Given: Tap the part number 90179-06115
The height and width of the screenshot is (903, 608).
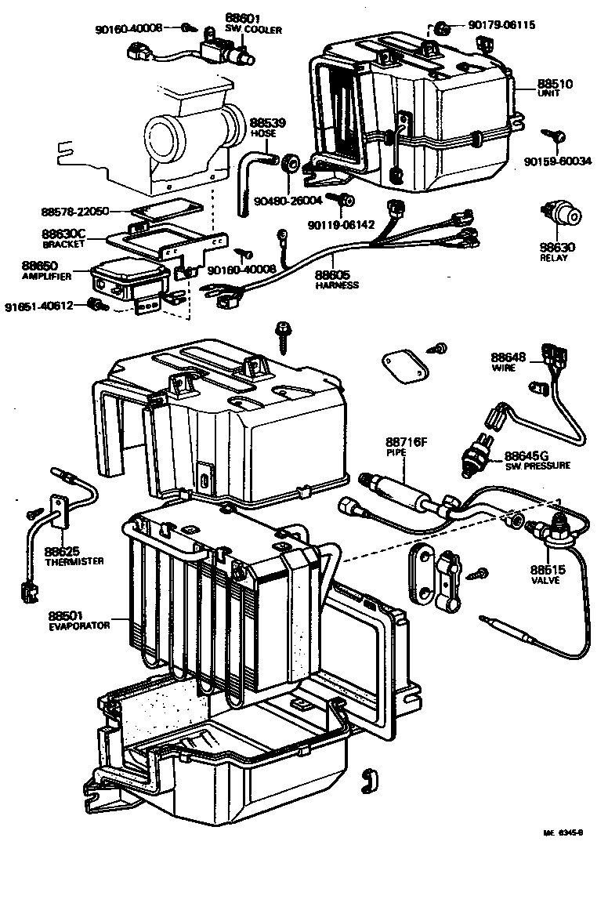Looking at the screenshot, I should click(502, 25).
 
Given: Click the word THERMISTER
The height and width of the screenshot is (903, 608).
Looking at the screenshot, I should click(74, 562).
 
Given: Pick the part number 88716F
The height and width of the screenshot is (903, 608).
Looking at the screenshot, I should click(405, 442).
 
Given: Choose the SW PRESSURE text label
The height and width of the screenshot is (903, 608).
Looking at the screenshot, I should click(537, 466).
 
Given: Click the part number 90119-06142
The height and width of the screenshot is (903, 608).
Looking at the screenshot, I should click(340, 225).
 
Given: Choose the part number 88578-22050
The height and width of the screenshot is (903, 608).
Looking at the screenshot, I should click(75, 212).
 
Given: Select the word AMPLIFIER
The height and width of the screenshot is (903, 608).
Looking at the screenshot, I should click(47, 277).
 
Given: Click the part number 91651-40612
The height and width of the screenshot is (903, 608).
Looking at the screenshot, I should click(38, 305).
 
